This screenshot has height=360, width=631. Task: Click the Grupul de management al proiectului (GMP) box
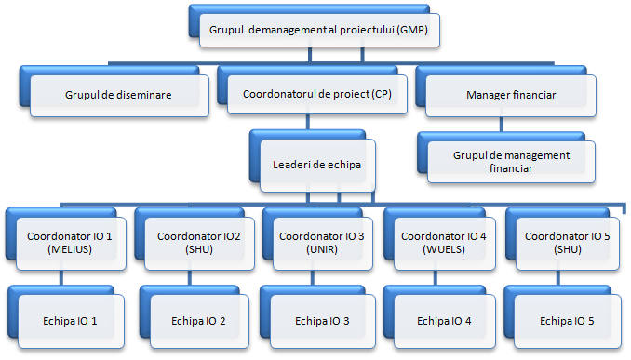click(x=318, y=29)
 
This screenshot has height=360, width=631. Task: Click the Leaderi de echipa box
click(x=317, y=164)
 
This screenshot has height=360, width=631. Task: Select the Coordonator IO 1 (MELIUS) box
click(x=65, y=244)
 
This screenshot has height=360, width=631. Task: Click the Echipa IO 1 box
click(x=70, y=321)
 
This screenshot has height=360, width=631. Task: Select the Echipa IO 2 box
click(x=195, y=321)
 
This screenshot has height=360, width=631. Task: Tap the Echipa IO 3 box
click(x=322, y=321)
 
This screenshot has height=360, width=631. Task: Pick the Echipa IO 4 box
click(x=445, y=321)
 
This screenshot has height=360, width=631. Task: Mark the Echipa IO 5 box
click(x=565, y=321)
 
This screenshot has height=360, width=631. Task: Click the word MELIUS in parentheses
click(x=65, y=251)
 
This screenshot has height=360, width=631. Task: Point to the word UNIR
click(x=318, y=251)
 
